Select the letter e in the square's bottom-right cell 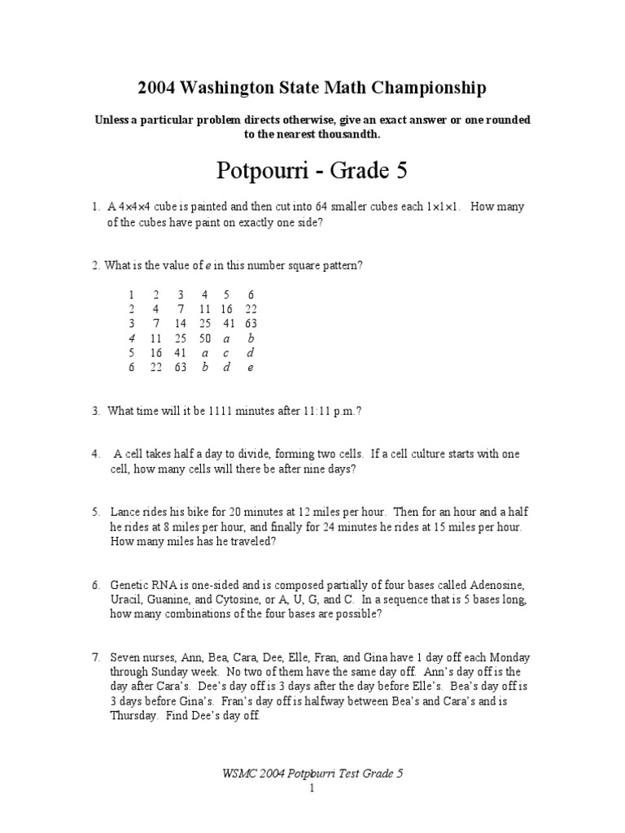pyautogui.click(x=251, y=367)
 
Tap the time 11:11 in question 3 pyautogui.click(x=316, y=412)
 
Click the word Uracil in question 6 pyautogui.click(x=126, y=600)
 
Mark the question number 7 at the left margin pyautogui.click(x=95, y=658)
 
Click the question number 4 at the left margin pyautogui.click(x=95, y=454)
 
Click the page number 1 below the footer pyautogui.click(x=312, y=789)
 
